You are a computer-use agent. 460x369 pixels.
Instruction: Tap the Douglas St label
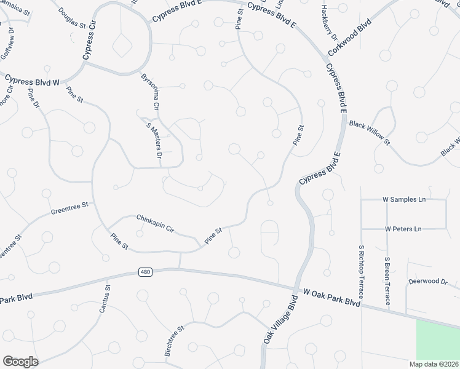73,18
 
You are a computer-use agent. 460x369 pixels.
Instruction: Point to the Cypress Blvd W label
31,81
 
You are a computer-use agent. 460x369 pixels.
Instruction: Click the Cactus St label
103,298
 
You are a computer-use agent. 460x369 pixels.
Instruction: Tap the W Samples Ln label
404,200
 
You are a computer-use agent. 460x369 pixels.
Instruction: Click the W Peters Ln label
403,229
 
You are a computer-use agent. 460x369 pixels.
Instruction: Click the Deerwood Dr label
428,281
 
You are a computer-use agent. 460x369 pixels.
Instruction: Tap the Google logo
20,362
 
